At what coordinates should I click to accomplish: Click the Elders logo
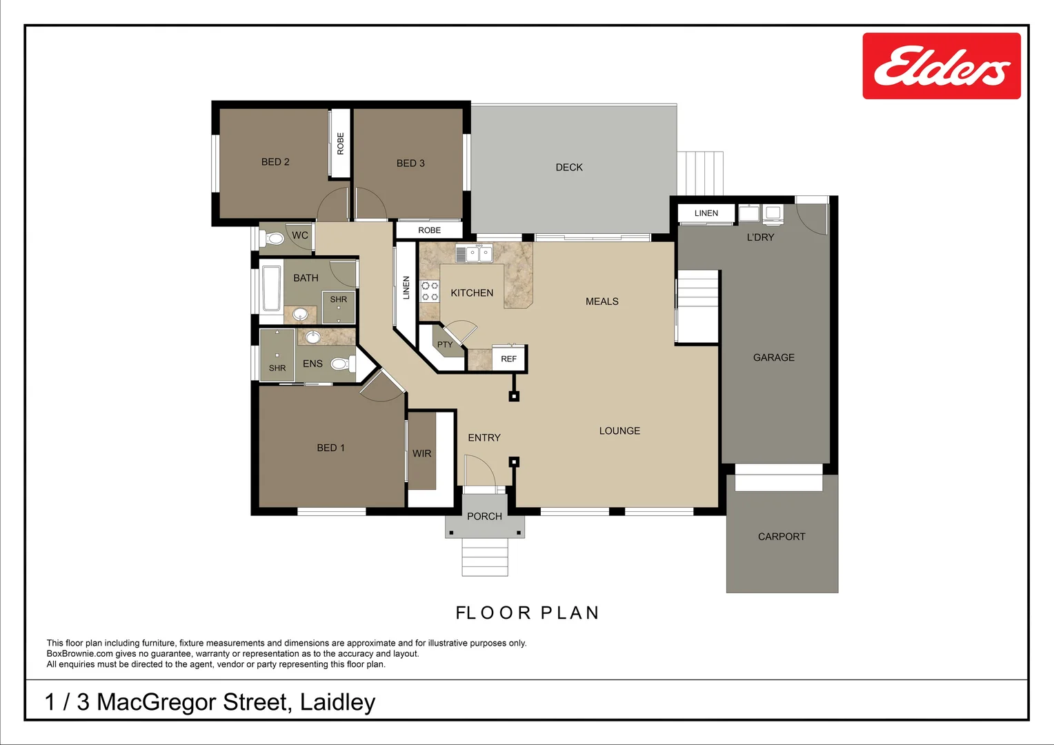pyautogui.click(x=941, y=66)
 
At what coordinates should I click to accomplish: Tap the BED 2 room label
pyautogui.click(x=275, y=162)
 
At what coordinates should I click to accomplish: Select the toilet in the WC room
pyautogui.click(x=275, y=239)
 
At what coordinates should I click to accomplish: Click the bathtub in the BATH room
pyautogui.click(x=272, y=288)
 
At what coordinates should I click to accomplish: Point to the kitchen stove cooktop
pyautogui.click(x=430, y=291)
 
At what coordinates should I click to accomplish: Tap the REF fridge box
pyautogui.click(x=508, y=359)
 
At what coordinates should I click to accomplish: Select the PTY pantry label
pyautogui.click(x=445, y=344)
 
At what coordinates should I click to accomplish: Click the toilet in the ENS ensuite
pyautogui.click(x=341, y=364)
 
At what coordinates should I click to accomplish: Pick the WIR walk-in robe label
pyautogui.click(x=421, y=454)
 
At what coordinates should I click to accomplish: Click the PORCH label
pyautogui.click(x=484, y=516)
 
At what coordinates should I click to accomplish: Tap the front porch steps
pyautogui.click(x=484, y=557)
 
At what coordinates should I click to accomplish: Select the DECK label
pyautogui.click(x=569, y=168)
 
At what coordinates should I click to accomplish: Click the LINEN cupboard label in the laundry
pyautogui.click(x=706, y=213)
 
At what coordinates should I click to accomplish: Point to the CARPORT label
pyautogui.click(x=782, y=537)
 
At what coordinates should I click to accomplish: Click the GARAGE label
pyautogui.click(x=773, y=357)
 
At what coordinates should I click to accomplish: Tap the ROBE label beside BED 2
pyautogui.click(x=340, y=143)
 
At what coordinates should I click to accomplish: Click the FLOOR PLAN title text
pyautogui.click(x=528, y=613)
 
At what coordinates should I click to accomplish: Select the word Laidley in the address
pyautogui.click(x=337, y=702)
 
